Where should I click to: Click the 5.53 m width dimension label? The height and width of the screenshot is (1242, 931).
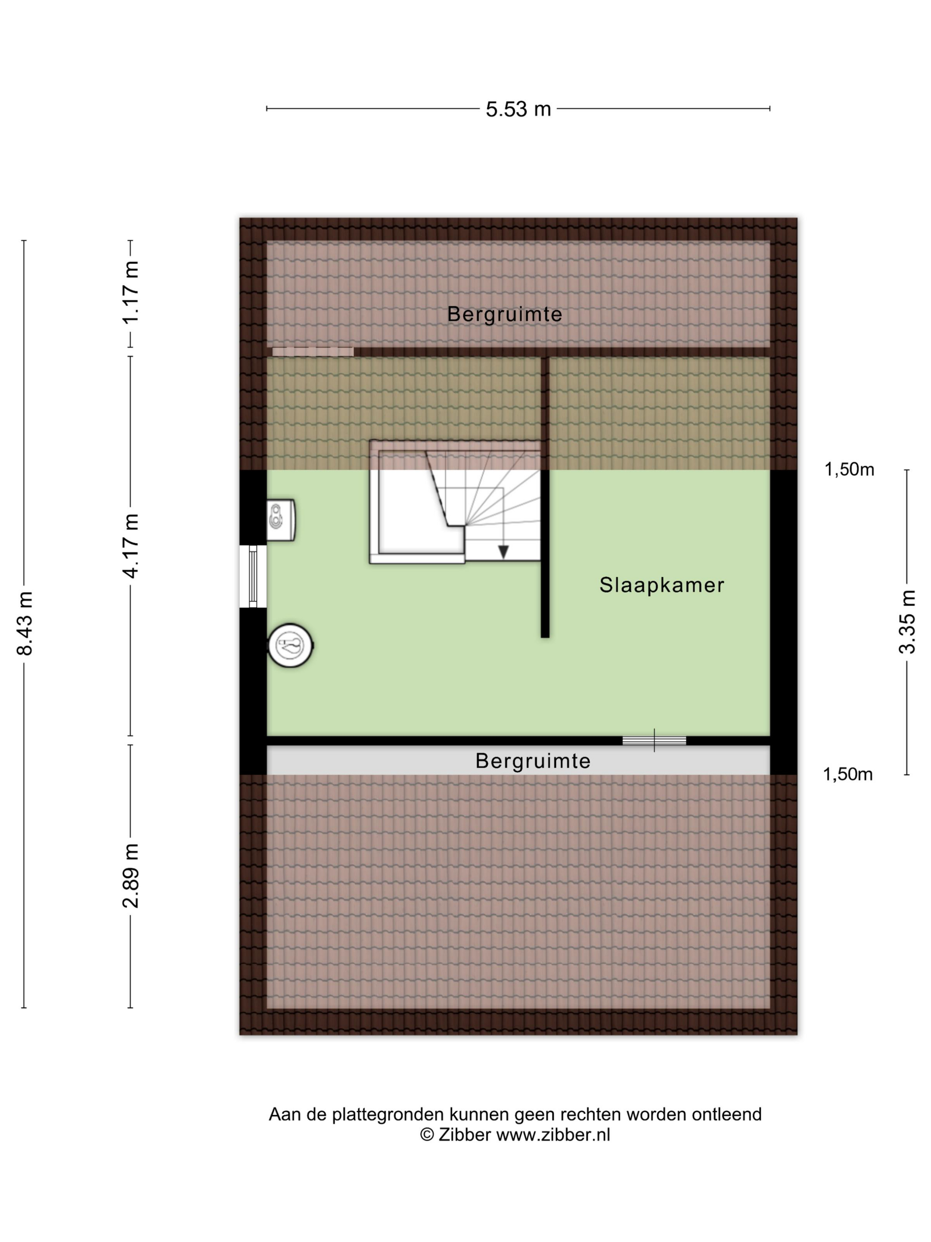518,109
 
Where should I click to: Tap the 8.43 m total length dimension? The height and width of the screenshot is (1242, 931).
25,623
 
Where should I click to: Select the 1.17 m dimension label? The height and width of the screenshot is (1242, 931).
131,292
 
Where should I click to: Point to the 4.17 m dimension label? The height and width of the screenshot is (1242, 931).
131,546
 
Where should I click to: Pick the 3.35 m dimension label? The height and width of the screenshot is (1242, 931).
907,622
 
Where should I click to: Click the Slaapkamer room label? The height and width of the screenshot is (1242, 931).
661,585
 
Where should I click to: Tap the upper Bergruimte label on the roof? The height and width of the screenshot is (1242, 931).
505,314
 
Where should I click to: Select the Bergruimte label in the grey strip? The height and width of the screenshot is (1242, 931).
532,761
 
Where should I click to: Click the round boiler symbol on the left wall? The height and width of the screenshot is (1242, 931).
290,645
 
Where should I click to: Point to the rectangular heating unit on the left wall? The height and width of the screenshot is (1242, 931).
281,519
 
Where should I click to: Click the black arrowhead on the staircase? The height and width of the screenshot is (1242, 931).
503,552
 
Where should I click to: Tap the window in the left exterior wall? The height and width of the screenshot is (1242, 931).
253,576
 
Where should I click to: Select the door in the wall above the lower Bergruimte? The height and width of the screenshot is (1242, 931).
654,741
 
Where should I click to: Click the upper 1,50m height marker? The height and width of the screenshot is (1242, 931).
849,469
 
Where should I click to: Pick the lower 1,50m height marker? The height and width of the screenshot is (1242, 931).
847,774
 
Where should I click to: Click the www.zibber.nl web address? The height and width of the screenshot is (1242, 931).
553,1135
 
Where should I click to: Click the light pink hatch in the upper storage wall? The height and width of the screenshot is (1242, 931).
313,351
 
